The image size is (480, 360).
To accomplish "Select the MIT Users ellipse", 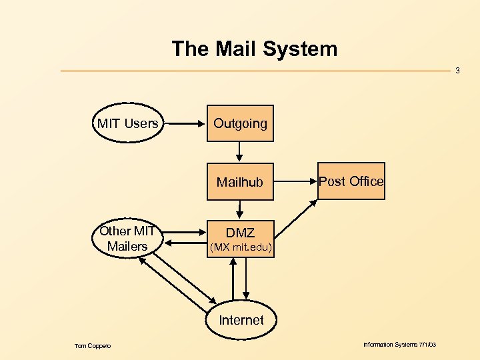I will coord(127,123).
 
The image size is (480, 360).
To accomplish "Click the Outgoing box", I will coord(240,123).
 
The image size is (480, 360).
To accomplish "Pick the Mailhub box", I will coord(240,181).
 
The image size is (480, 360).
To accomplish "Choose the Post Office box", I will coord(351,181).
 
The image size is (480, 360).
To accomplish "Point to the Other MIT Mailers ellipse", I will coord(127,239).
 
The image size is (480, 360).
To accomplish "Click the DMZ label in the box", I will coord(240,233).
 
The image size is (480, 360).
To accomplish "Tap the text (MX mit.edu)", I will coord(240,248).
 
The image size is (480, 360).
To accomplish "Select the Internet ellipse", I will coord(241,320).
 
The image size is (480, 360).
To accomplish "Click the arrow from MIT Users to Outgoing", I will coord(185,123).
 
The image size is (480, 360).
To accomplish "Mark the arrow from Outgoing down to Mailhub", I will coord(240,152).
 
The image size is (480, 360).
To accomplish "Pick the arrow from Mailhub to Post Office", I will coord(295,181).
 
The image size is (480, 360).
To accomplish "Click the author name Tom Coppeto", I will coord(93,345).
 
